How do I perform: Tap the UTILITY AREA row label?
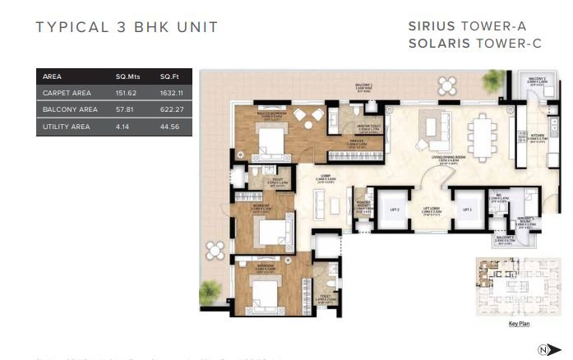(65, 126)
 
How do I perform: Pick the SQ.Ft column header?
(169, 76)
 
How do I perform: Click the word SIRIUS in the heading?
(432, 26)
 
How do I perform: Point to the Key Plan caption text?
(518, 324)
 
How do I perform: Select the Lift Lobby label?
(431, 210)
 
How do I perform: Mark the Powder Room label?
(360, 205)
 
